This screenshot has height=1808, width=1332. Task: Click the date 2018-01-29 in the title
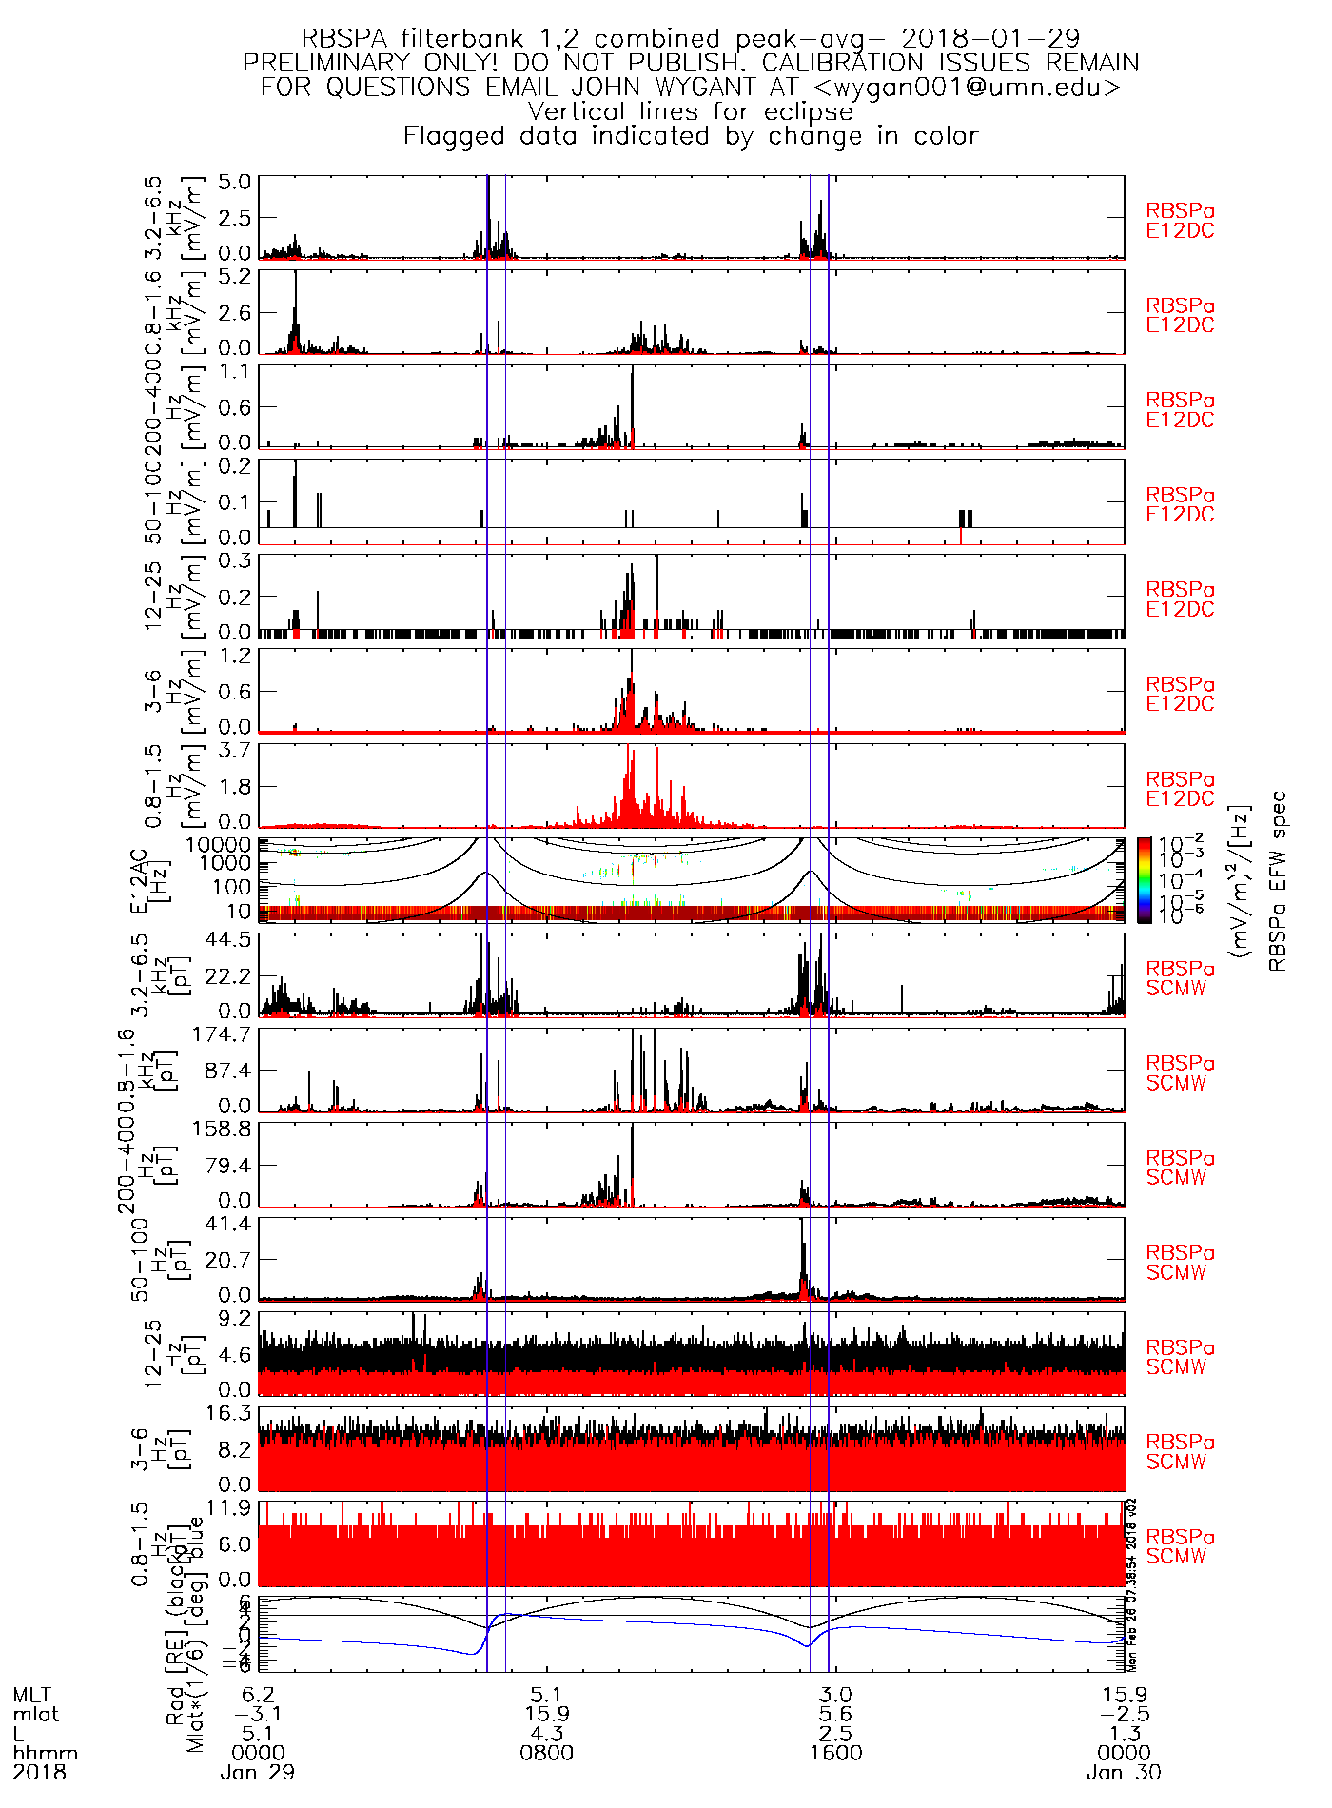(x=990, y=39)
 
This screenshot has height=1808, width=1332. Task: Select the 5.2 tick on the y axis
(x=234, y=276)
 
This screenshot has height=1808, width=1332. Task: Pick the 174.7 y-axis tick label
(x=222, y=1034)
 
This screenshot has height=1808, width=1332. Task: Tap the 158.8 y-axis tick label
(x=222, y=1129)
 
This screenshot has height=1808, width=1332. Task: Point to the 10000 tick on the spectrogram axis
(x=218, y=845)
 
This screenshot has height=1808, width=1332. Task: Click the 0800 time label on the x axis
(x=547, y=1753)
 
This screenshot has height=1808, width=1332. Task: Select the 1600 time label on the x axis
(x=835, y=1753)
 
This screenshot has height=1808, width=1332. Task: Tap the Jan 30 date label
(x=1124, y=1773)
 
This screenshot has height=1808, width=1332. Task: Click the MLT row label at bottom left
(x=32, y=1695)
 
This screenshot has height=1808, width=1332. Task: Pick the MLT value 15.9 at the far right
(x=1124, y=1695)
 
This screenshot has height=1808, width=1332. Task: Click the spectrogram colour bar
(x=1144, y=880)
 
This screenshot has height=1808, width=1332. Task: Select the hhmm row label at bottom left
(x=45, y=1753)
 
